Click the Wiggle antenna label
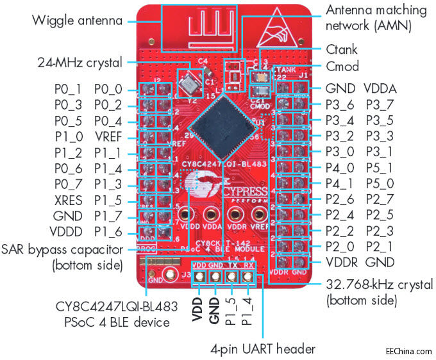[77, 20]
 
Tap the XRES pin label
[68, 200]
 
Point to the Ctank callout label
[342, 49]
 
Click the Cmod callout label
[342, 66]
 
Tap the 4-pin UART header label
[263, 350]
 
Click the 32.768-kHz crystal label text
[380, 291]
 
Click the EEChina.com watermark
[409, 351]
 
